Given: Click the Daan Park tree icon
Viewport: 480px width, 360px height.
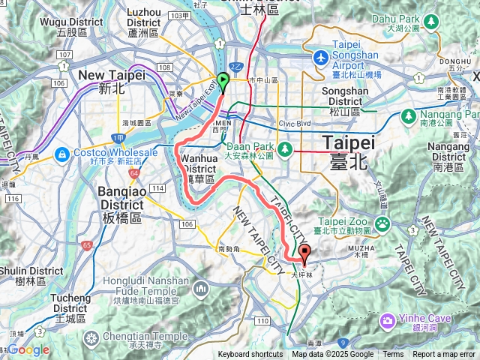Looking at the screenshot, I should click(285, 149).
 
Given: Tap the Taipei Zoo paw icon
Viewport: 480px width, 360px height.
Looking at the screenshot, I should click(382, 223).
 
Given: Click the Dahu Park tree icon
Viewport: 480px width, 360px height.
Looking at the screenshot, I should click(430, 19).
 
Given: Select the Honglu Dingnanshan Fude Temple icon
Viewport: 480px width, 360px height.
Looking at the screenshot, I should click(201, 289).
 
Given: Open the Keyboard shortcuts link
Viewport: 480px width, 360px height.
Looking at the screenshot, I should click(250, 355).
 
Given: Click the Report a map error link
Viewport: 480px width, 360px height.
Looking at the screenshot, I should click(445, 355).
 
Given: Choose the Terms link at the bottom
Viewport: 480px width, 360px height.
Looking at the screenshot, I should click(393, 355).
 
